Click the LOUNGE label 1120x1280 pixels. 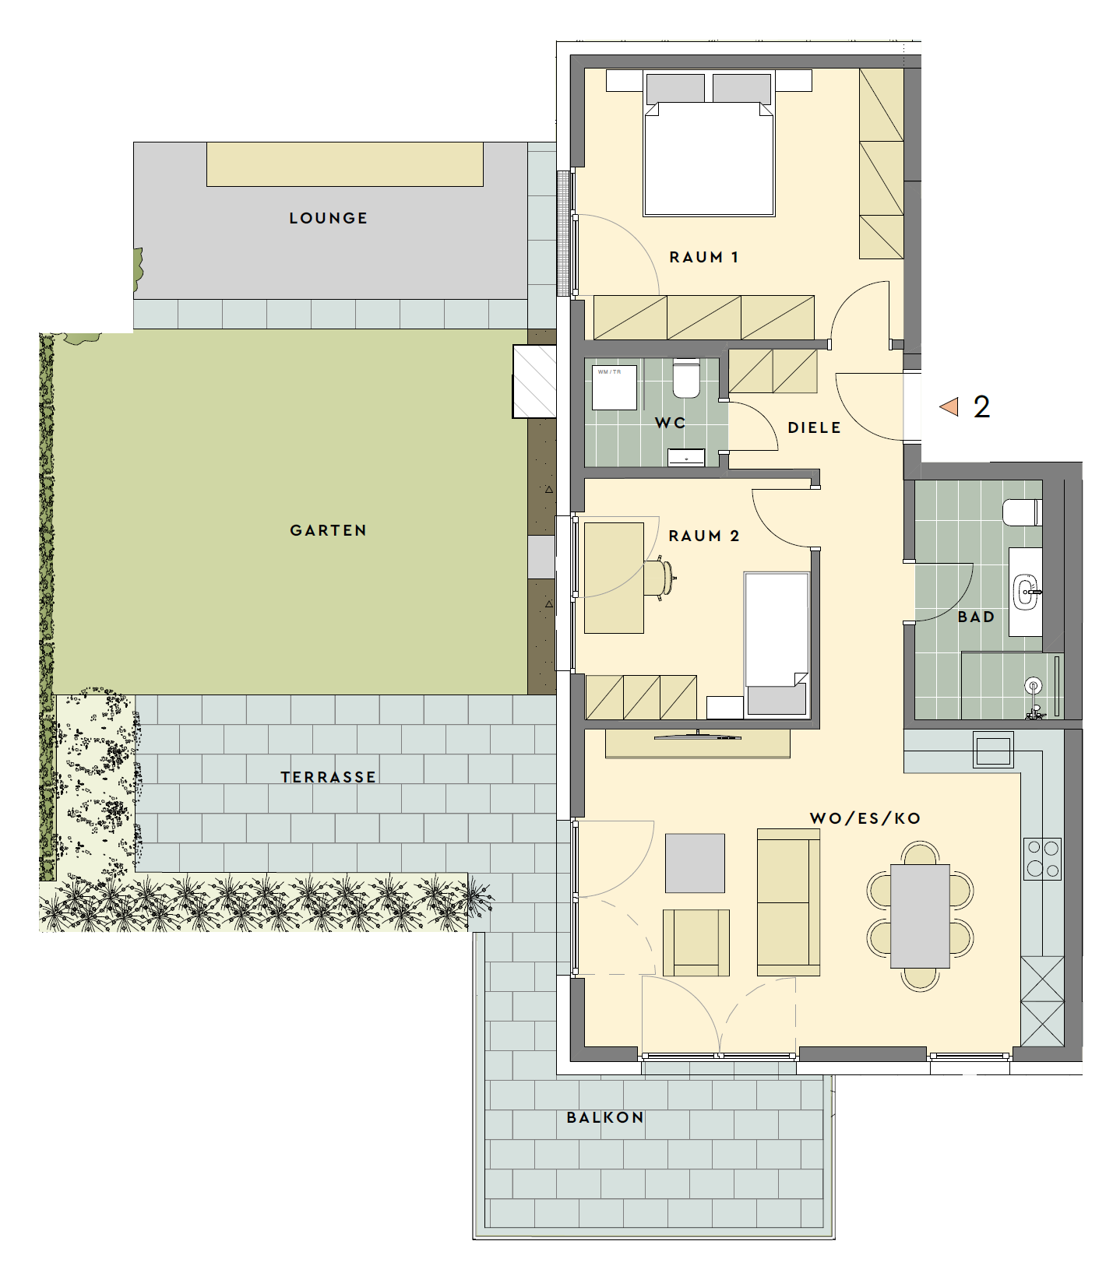(328, 218)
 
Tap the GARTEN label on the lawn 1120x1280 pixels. (328, 530)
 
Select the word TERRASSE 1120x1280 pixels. (329, 777)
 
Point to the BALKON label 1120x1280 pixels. (605, 1117)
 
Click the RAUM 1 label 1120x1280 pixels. (704, 257)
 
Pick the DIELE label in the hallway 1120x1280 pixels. (815, 427)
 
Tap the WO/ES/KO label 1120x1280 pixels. (865, 818)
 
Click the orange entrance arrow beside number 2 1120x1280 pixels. (949, 406)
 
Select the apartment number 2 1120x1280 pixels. (981, 406)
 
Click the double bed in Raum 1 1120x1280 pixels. (709, 144)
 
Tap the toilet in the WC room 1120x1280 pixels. (686, 378)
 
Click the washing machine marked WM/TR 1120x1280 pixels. (615, 387)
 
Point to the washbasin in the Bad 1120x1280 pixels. (1026, 591)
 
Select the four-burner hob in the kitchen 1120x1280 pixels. (1042, 858)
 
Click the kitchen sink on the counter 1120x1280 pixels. (993, 751)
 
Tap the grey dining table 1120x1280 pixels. (920, 916)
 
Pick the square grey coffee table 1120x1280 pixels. (695, 863)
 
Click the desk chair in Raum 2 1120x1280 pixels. (658, 578)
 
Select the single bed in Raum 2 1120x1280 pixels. (777, 644)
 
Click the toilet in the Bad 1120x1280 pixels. (1021, 513)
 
